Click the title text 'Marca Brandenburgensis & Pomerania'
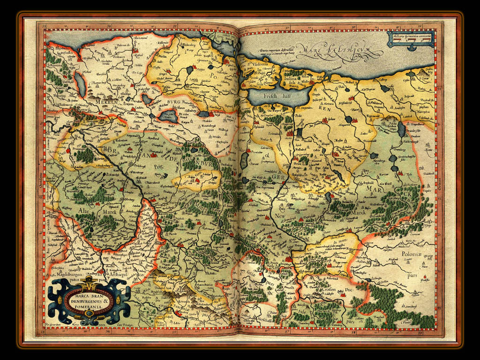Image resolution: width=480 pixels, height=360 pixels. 89,300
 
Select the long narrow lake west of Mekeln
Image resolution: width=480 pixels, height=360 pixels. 80,84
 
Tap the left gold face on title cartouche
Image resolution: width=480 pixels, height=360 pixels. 59,297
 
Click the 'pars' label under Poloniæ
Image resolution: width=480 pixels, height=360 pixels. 412,276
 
